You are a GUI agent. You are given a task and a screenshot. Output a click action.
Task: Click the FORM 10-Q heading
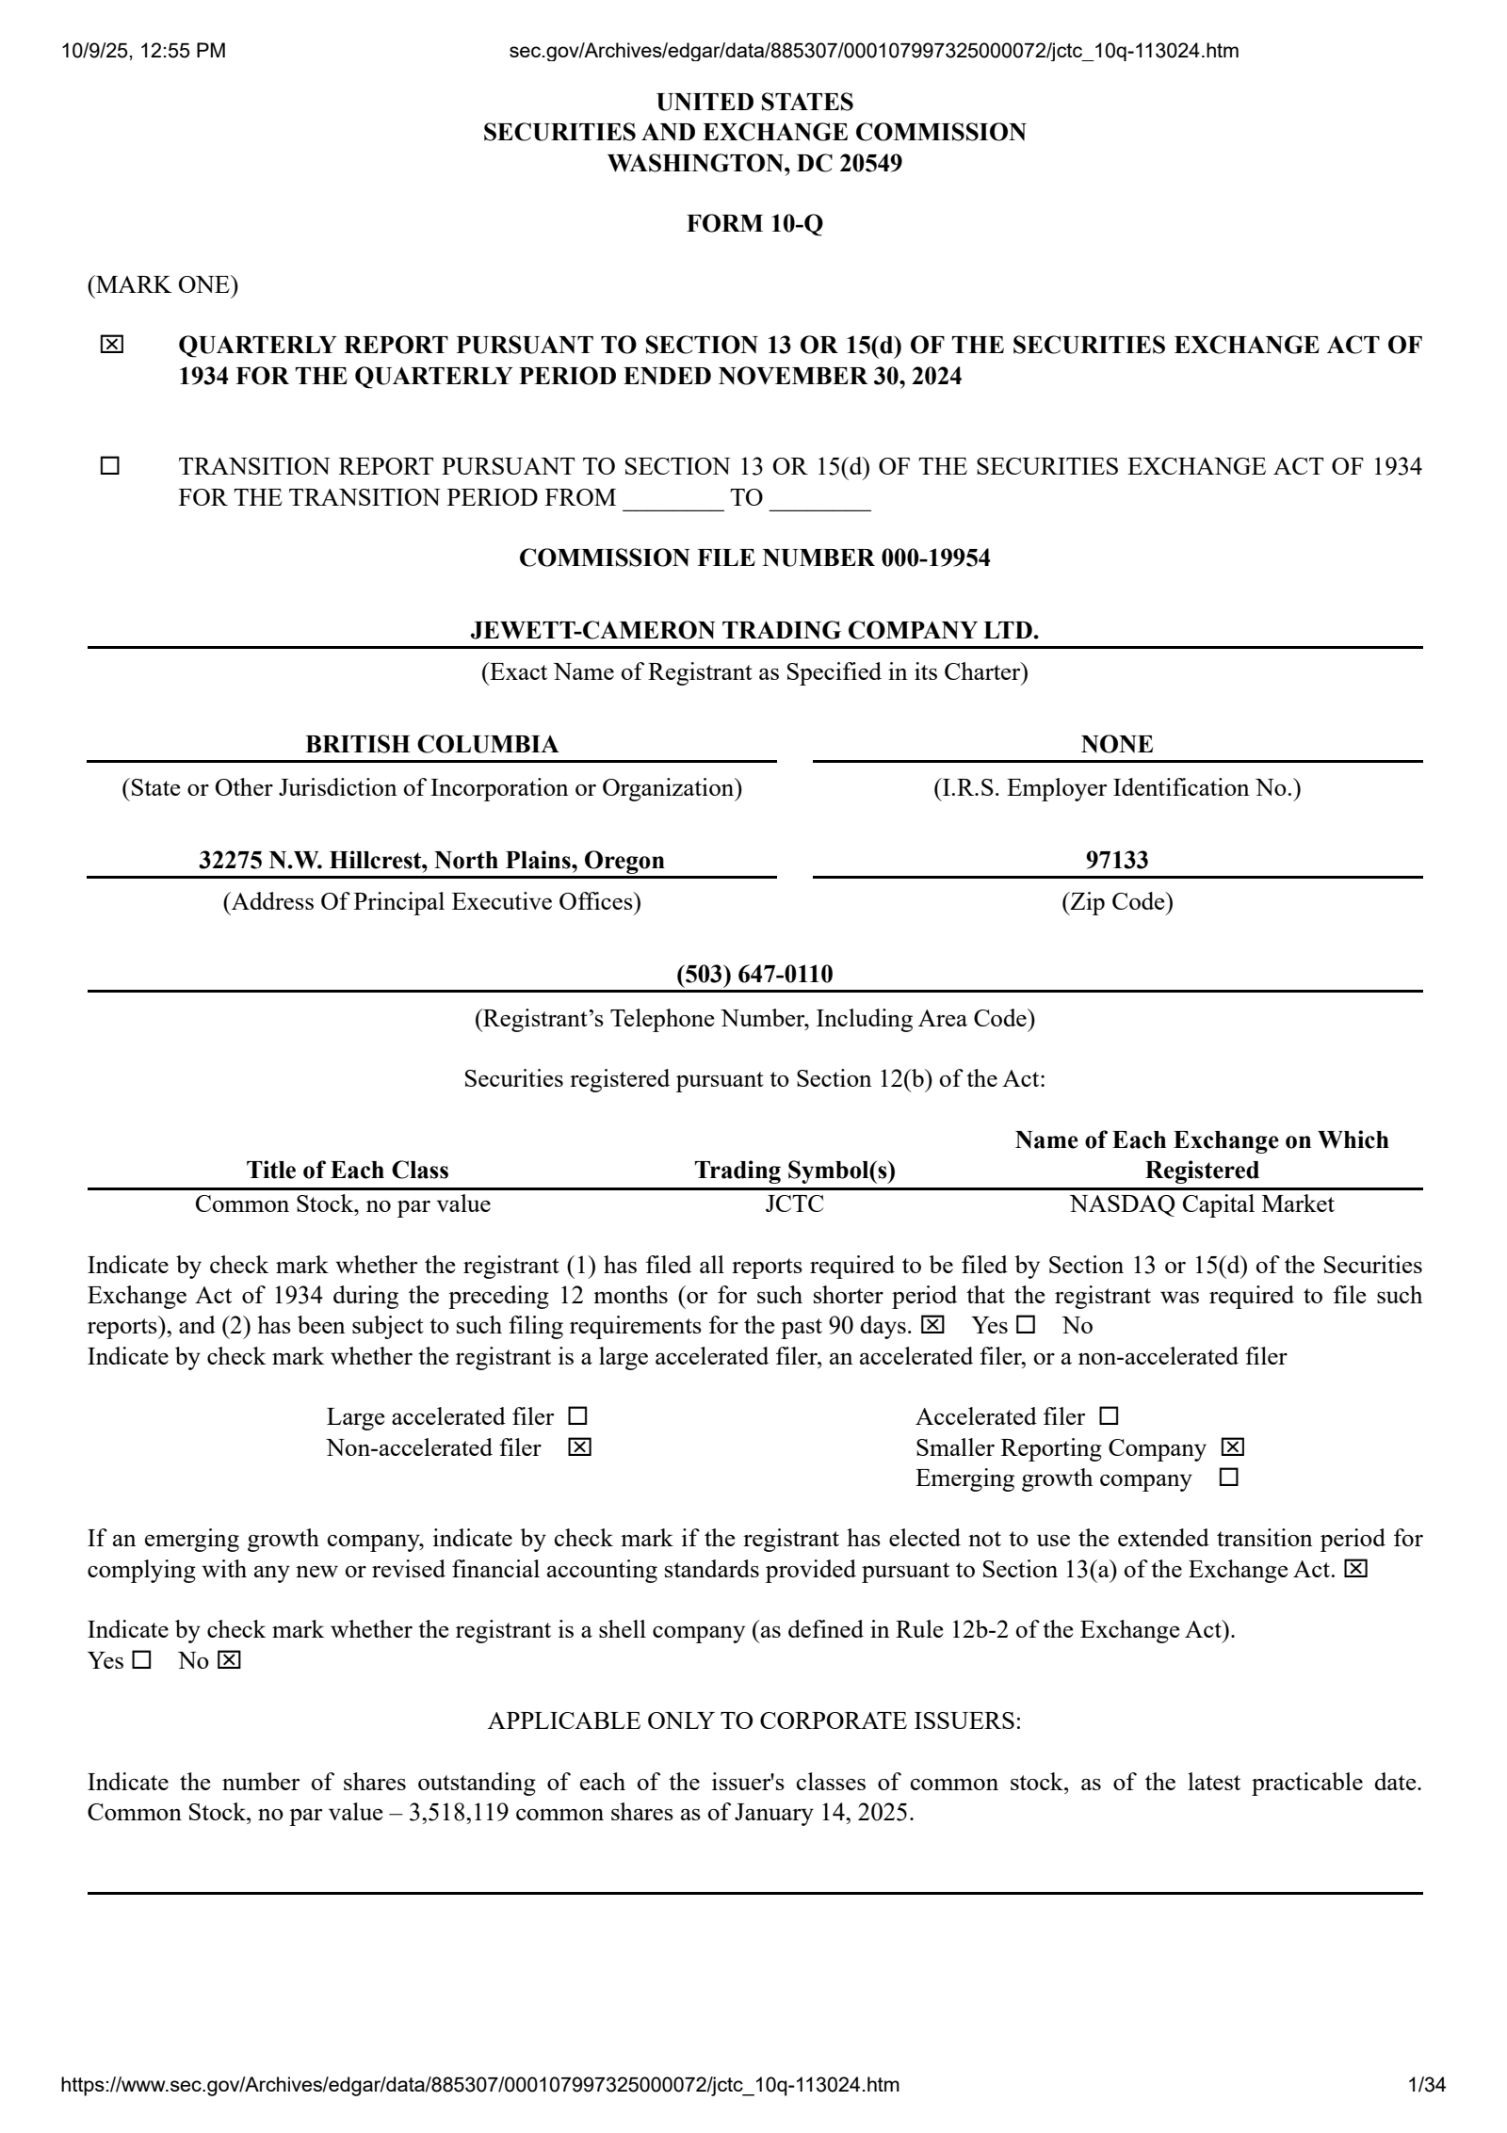pyautogui.click(x=754, y=224)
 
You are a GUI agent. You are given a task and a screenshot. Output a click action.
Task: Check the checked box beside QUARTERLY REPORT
pyautogui.click(x=111, y=346)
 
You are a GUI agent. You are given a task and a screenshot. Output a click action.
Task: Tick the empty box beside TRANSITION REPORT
pyautogui.click(x=110, y=466)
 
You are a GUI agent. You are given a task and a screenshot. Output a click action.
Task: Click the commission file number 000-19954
pyautogui.click(x=935, y=558)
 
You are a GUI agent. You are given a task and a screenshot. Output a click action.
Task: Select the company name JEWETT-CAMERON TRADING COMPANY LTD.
pyautogui.click(x=754, y=631)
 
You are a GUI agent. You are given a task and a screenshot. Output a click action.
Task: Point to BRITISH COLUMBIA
pyautogui.click(x=431, y=745)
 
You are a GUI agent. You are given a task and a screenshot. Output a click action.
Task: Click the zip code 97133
pyautogui.click(x=1117, y=860)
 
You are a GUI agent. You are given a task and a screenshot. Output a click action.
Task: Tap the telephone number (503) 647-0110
pyautogui.click(x=754, y=974)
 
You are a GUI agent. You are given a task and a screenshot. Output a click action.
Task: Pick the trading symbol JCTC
pyautogui.click(x=794, y=1204)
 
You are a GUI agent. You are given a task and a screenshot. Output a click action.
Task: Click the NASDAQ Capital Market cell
pyautogui.click(x=1202, y=1204)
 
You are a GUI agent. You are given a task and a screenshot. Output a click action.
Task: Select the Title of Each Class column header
pyautogui.click(x=348, y=1171)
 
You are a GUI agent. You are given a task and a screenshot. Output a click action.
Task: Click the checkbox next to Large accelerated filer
pyautogui.click(x=577, y=1416)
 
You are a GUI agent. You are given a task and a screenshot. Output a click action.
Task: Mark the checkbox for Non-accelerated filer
pyautogui.click(x=579, y=1447)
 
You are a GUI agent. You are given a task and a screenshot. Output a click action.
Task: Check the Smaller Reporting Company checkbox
pyautogui.click(x=1232, y=1447)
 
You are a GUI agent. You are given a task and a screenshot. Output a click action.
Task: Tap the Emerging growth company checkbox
pyautogui.click(x=1228, y=1478)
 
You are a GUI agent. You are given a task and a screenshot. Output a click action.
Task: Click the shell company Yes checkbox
pyautogui.click(x=141, y=1660)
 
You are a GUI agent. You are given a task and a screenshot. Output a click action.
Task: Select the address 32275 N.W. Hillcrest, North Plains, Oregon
pyautogui.click(x=431, y=860)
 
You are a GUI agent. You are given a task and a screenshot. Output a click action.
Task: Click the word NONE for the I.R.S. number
pyautogui.click(x=1117, y=745)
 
